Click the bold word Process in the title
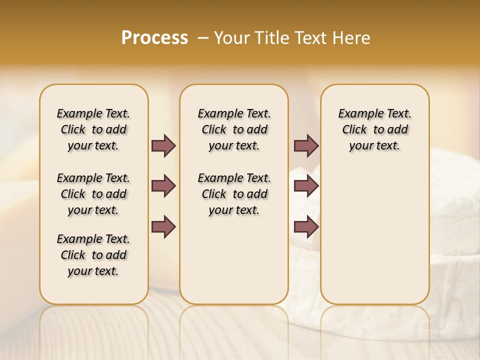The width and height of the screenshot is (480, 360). tap(154, 38)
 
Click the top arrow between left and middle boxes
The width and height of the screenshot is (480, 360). tap(163, 145)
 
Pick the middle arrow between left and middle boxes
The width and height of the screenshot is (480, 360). tap(163, 186)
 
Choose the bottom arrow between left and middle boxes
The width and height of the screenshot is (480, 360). tap(163, 227)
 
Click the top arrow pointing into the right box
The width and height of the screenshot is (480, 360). tap(306, 145)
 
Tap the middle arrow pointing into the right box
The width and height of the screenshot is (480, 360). tap(306, 186)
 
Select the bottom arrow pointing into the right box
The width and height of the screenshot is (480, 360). tap(306, 227)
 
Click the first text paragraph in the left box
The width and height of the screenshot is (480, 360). tap(93, 129)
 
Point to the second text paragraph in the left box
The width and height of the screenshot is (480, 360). tap(93, 194)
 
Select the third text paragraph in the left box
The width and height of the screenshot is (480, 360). tap(93, 255)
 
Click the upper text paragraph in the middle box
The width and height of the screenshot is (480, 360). tap(234, 129)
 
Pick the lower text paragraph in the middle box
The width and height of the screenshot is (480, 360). tap(234, 194)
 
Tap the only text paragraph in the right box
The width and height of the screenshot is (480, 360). tap(374, 129)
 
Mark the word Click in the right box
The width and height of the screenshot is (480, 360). tap(354, 130)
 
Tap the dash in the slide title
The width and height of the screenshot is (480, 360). tap(203, 38)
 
